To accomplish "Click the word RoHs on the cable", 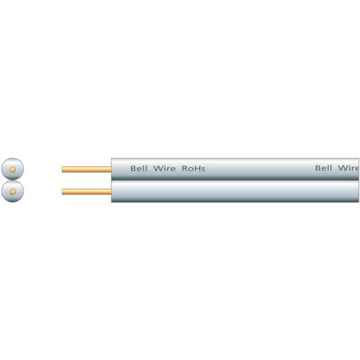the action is [x=193, y=168].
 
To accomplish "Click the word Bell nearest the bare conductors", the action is [x=139, y=168].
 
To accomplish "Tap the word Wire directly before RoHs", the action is [x=164, y=168].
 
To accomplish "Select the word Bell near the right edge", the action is [x=323, y=168].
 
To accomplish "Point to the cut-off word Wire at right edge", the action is [x=349, y=168].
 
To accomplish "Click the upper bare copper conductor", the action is [x=87, y=169].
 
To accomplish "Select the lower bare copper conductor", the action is [x=87, y=192].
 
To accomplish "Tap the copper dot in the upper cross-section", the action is [x=13, y=169].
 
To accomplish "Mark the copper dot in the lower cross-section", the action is [x=13, y=192].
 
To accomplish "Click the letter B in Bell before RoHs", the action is [x=133, y=168].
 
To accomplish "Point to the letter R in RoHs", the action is [x=185, y=168].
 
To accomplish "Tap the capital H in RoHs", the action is [x=197, y=168].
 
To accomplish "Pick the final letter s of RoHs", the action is [x=203, y=169].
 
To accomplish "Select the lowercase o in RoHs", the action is [x=190, y=169].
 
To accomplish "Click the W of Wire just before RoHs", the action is [x=158, y=168].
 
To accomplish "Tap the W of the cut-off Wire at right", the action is [x=342, y=168].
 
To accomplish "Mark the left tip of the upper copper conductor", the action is [x=62, y=169].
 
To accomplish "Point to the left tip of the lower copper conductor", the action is [x=62, y=192].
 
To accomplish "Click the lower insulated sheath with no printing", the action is [x=235, y=191].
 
